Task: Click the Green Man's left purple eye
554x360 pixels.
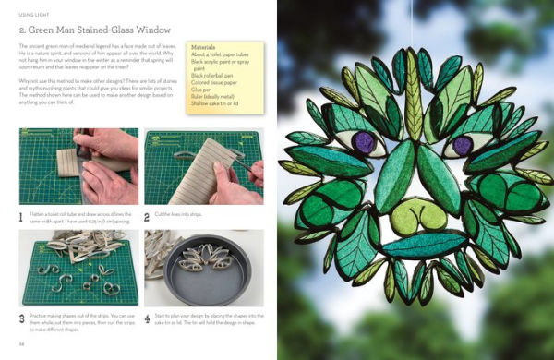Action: pos(364,142)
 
